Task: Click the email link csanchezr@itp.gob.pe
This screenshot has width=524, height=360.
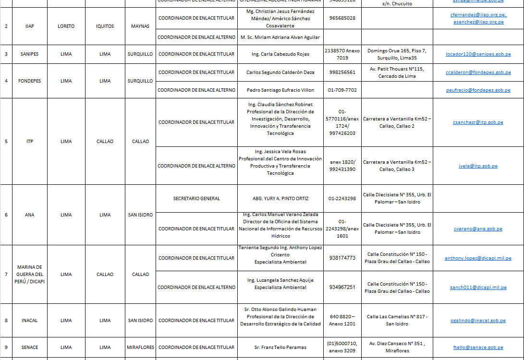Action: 478,122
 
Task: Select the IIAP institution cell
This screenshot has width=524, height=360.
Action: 30,26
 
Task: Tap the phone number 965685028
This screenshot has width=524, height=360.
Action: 342,18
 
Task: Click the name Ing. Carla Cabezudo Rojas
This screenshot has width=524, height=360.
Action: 280,54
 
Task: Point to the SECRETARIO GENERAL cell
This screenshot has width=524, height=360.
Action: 196,198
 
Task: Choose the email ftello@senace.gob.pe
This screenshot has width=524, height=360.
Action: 478,348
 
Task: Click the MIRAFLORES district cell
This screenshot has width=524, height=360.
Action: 140,348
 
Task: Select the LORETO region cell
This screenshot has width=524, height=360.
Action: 66,26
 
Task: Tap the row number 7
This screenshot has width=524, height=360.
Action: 6,275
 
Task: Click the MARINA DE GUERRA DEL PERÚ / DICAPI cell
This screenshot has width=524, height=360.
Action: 30,275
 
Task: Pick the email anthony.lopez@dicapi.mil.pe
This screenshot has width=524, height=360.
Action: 478,258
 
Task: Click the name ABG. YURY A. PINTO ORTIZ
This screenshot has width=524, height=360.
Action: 280,198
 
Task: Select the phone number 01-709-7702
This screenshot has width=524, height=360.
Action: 342,90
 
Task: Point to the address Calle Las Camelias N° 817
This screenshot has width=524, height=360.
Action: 397,317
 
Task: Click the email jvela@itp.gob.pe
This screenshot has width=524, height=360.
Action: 478,166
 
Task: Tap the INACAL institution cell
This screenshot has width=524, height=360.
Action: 30,321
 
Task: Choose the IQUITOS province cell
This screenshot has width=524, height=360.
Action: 105,26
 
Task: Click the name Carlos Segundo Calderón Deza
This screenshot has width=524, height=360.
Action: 280,72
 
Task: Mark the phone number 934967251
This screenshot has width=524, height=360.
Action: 342,288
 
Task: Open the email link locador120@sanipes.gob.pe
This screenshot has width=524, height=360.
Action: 478,55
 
